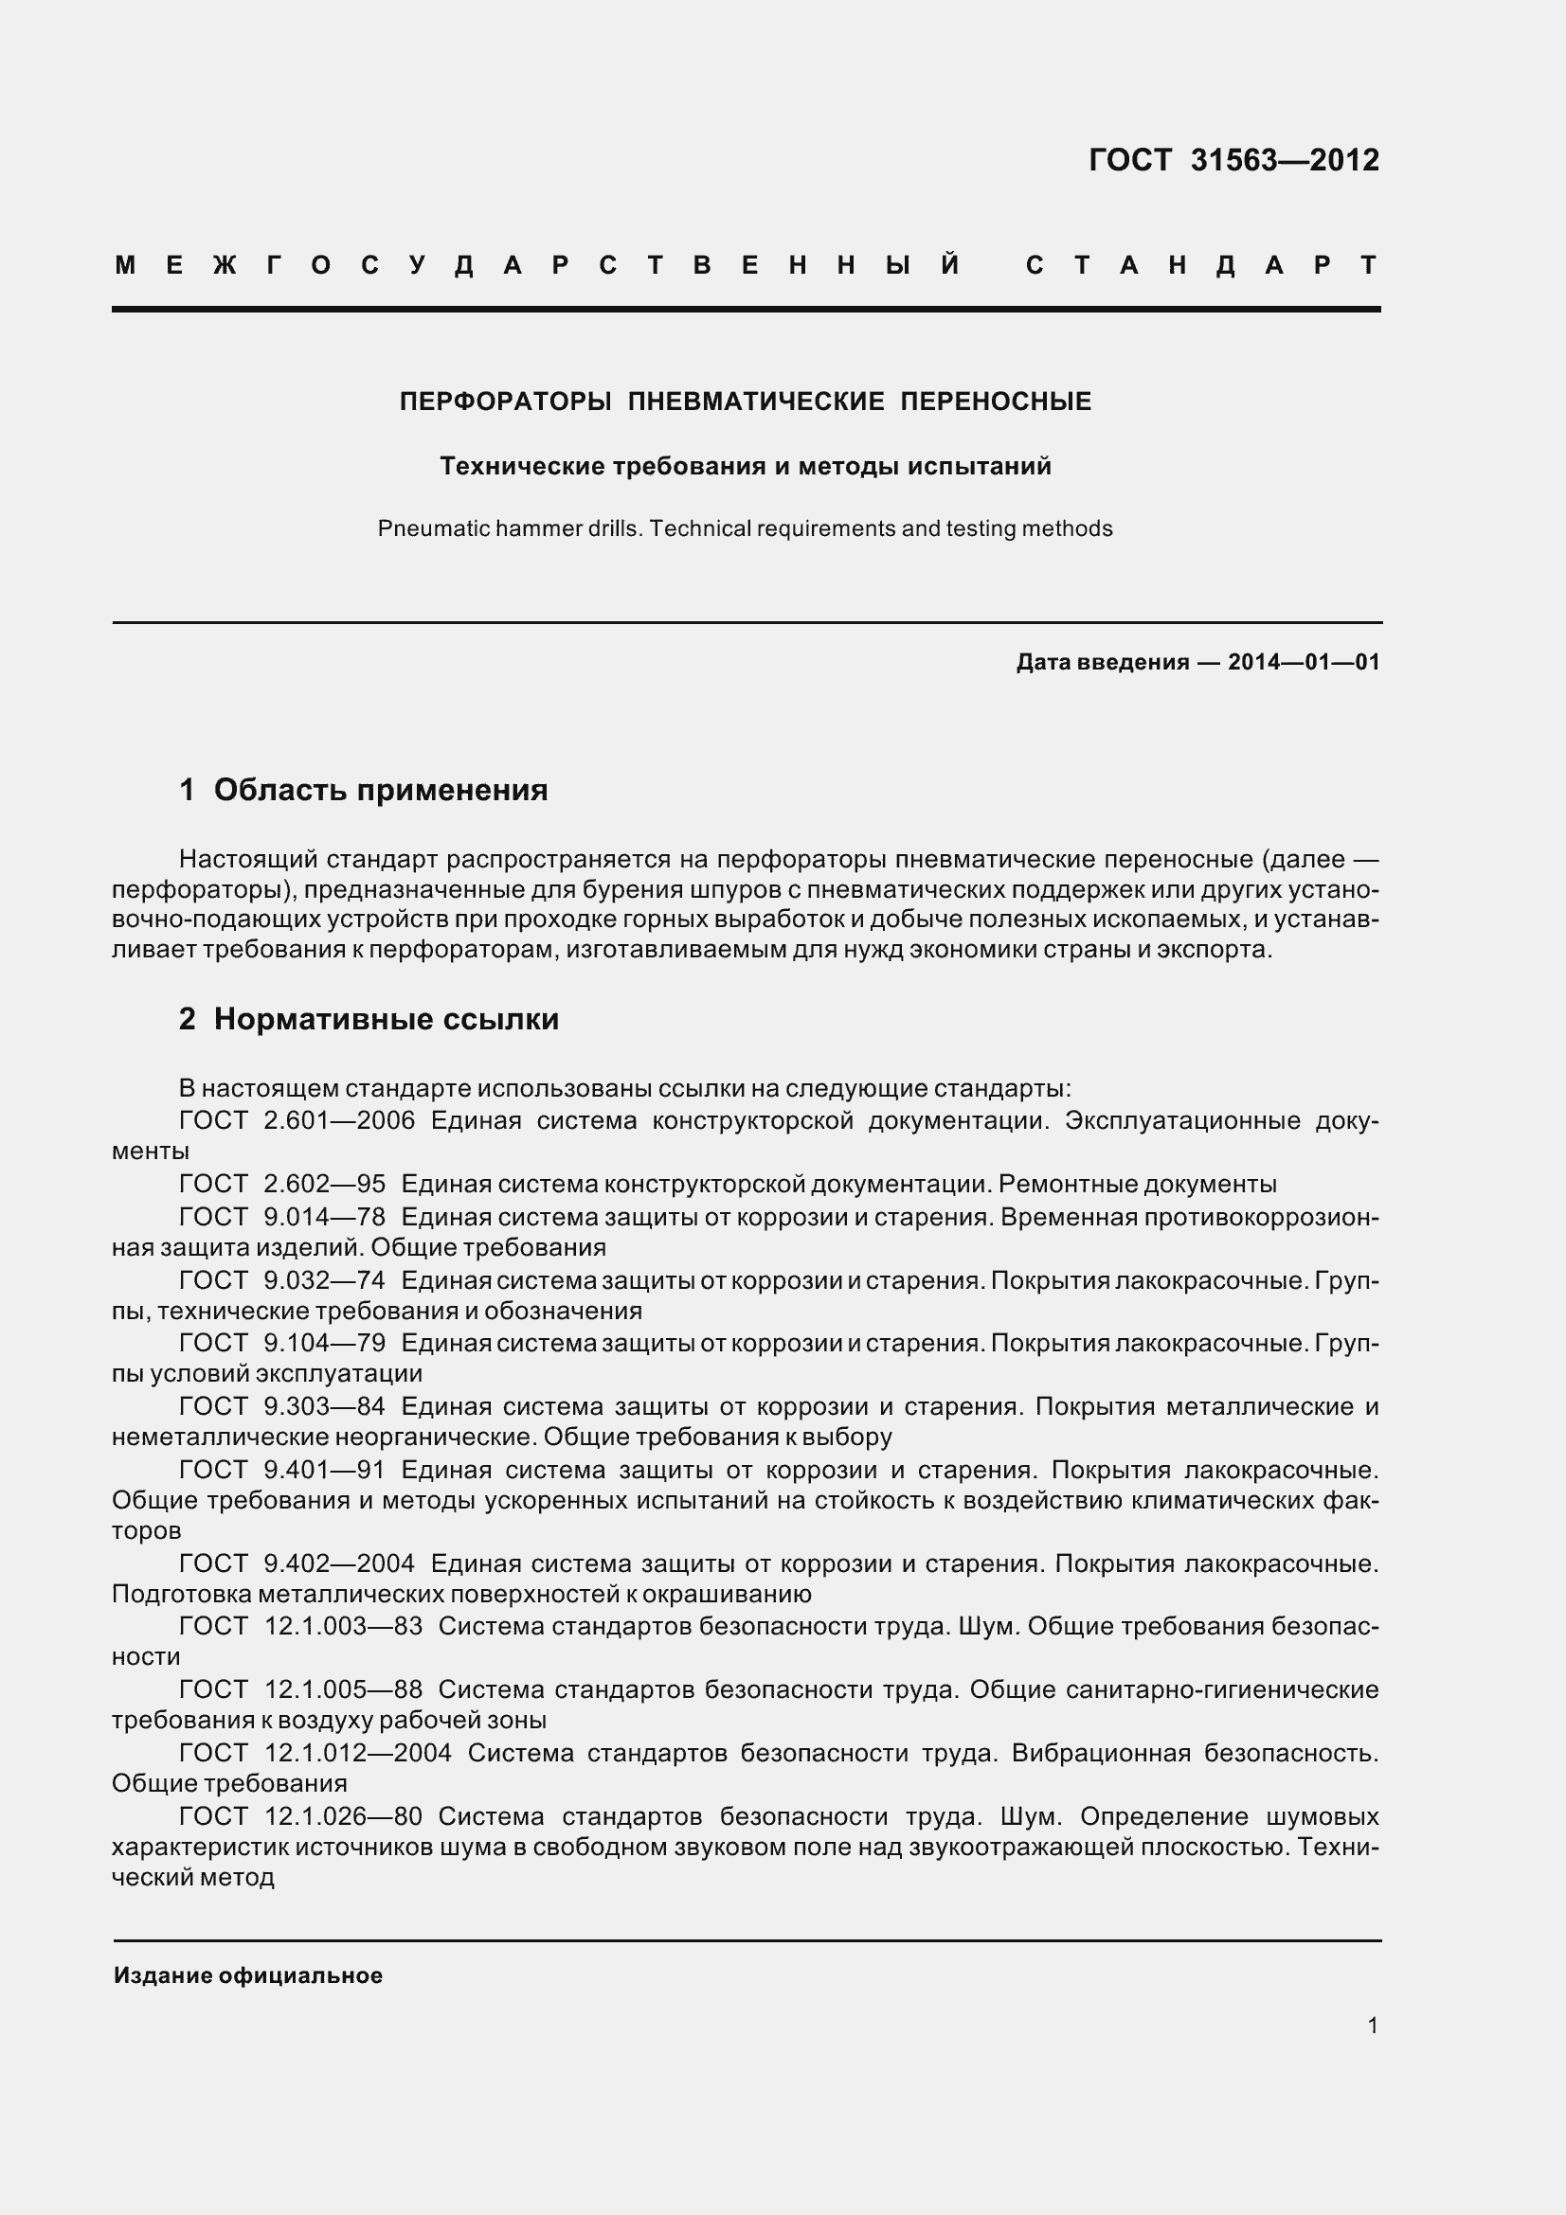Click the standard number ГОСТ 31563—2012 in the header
(1233, 160)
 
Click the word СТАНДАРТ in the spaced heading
(1201, 265)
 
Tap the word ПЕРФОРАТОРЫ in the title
(506, 402)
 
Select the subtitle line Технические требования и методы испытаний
(745, 467)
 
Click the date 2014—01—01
(1304, 662)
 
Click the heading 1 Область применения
(363, 790)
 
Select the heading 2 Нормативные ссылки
(369, 1020)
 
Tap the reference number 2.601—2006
(338, 1121)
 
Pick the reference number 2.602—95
(324, 1185)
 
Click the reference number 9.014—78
(324, 1218)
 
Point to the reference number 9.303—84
(324, 1406)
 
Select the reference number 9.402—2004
(338, 1563)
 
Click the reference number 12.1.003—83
(344, 1627)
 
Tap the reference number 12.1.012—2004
(358, 1753)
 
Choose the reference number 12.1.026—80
(344, 1816)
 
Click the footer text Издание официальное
(248, 1975)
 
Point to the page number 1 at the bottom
(1372, 2026)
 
